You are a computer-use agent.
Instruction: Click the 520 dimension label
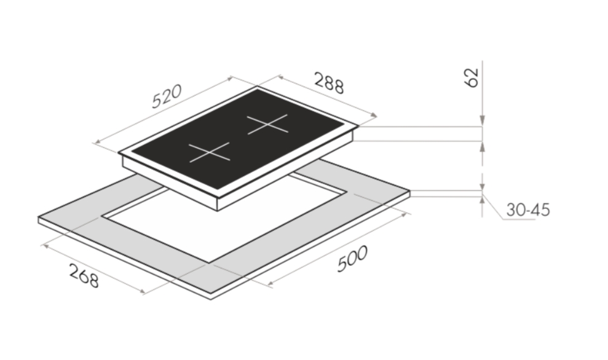167,96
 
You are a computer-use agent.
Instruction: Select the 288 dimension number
329,83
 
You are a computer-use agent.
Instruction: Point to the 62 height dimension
472,77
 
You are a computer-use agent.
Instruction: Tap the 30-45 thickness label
528,209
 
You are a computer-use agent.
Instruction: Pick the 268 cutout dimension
84,275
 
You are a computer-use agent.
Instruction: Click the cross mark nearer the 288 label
267,124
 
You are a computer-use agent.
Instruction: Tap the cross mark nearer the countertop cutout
210,152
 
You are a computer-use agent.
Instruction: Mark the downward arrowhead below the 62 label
483,121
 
